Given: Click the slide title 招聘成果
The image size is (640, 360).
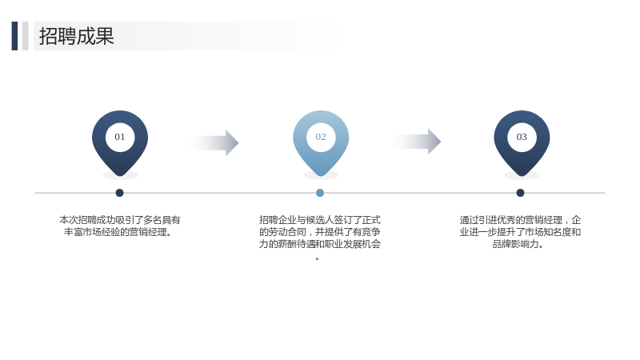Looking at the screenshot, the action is click(x=76, y=36).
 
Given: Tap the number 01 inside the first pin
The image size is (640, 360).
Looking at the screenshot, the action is click(x=119, y=137).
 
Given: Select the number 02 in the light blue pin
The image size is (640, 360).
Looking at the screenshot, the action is click(x=321, y=137).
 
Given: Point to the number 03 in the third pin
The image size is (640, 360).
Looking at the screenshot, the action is click(x=522, y=137).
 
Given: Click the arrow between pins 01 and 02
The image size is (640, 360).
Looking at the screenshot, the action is click(x=214, y=143).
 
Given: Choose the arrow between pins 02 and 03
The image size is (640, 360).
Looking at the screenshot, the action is click(x=417, y=142).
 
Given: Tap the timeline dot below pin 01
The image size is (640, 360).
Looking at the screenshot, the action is click(x=119, y=193).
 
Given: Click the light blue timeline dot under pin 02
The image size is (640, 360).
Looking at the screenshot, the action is click(x=320, y=193).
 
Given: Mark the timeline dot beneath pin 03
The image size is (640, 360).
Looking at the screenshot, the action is click(x=520, y=193).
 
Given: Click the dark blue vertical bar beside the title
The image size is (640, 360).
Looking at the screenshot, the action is click(x=14, y=36).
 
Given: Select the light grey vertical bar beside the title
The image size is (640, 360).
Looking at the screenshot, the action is click(x=26, y=36).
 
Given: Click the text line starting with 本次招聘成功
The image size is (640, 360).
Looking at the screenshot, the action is click(x=119, y=220).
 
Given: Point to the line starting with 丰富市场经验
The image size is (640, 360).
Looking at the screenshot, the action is click(x=118, y=232).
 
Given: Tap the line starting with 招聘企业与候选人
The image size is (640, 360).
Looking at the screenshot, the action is click(x=320, y=220).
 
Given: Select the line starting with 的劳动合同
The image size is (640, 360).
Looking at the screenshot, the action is click(x=320, y=232).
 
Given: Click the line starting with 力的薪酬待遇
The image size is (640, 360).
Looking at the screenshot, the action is click(x=320, y=244).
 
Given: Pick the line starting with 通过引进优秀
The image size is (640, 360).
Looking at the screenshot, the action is click(x=520, y=220).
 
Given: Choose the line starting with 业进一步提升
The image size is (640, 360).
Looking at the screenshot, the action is click(x=520, y=232).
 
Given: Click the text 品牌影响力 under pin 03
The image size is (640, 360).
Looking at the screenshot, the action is click(x=518, y=244).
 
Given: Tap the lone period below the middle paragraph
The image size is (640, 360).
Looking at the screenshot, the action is click(x=317, y=258).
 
